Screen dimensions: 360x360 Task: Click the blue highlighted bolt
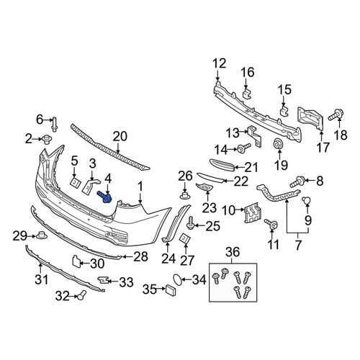(104, 197)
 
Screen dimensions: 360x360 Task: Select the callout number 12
(220, 63)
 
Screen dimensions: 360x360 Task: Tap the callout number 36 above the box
(233, 252)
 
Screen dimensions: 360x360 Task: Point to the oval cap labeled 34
(178, 280)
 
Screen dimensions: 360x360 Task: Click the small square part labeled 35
(171, 290)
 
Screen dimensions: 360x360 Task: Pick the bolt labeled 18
(336, 114)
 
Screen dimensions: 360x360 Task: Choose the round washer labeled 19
(279, 144)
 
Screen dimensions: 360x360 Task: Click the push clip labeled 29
(41, 235)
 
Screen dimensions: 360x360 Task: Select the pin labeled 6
(55, 124)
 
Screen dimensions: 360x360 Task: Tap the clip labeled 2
(45, 139)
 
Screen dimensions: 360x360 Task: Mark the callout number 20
(120, 137)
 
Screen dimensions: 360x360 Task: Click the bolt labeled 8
(297, 181)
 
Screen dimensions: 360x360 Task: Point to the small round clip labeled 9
(306, 199)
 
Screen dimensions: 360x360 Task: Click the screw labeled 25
(191, 222)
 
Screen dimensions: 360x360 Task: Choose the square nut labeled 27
(185, 238)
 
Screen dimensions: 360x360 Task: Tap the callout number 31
(42, 280)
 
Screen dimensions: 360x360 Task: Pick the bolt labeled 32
(81, 294)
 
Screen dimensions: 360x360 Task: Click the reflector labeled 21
(222, 165)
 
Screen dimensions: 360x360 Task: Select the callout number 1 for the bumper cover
(140, 187)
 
